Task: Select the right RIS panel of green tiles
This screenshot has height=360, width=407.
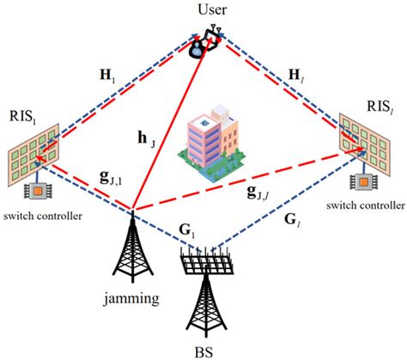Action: (366, 138)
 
